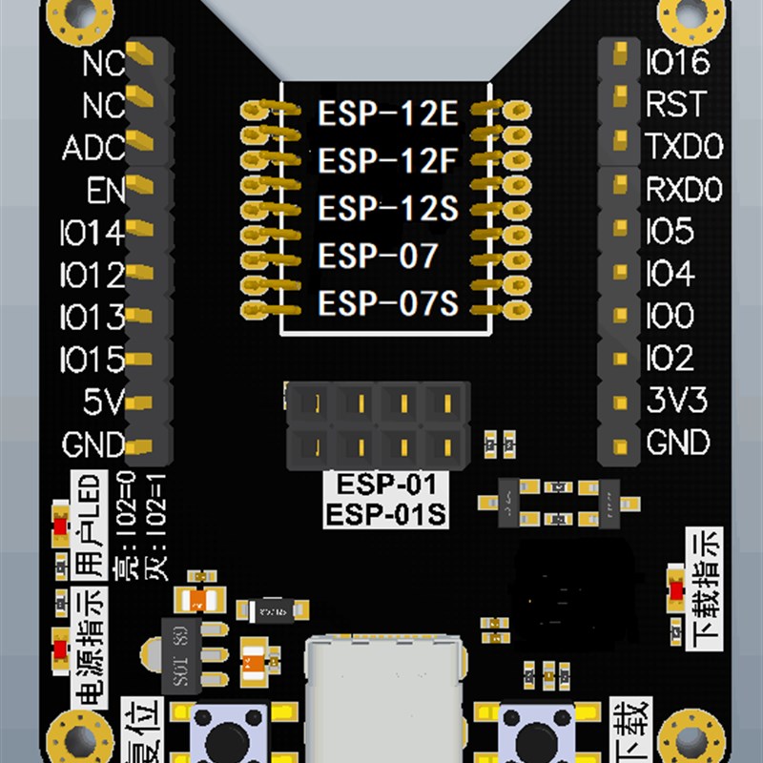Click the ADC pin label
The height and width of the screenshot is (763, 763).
pos(93,149)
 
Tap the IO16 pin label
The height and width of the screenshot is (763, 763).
pos(677,63)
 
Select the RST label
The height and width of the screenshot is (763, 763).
pos(675,104)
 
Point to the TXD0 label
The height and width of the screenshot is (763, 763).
pos(684,147)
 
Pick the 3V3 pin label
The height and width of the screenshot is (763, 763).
pos(676,402)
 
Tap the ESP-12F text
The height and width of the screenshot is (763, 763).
pos(388,160)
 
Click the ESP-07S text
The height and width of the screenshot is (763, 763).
pos(388,305)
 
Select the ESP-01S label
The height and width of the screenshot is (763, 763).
pos(385,516)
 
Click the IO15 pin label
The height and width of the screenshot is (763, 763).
pos(92,360)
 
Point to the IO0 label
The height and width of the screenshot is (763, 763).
pos(670,316)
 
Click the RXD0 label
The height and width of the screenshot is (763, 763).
pos(683,190)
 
